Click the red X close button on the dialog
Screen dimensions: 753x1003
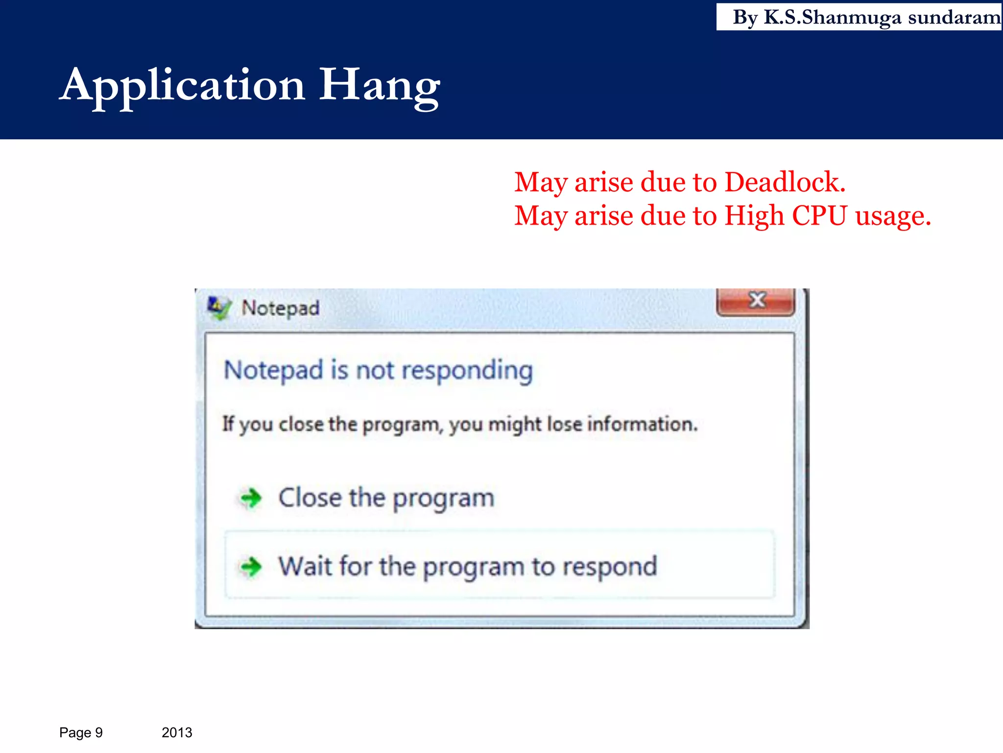756,300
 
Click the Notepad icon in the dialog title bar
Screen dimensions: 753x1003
218,308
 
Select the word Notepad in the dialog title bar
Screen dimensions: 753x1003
280,308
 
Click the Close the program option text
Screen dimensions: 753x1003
386,498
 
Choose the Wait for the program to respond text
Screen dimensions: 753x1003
467,567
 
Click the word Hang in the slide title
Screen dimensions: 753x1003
380,86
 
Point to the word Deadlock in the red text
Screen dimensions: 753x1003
785,182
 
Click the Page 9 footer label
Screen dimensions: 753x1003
81,732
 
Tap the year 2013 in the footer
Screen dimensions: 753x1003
177,732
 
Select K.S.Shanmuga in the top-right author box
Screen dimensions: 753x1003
833,18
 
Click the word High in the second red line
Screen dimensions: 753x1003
754,216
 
